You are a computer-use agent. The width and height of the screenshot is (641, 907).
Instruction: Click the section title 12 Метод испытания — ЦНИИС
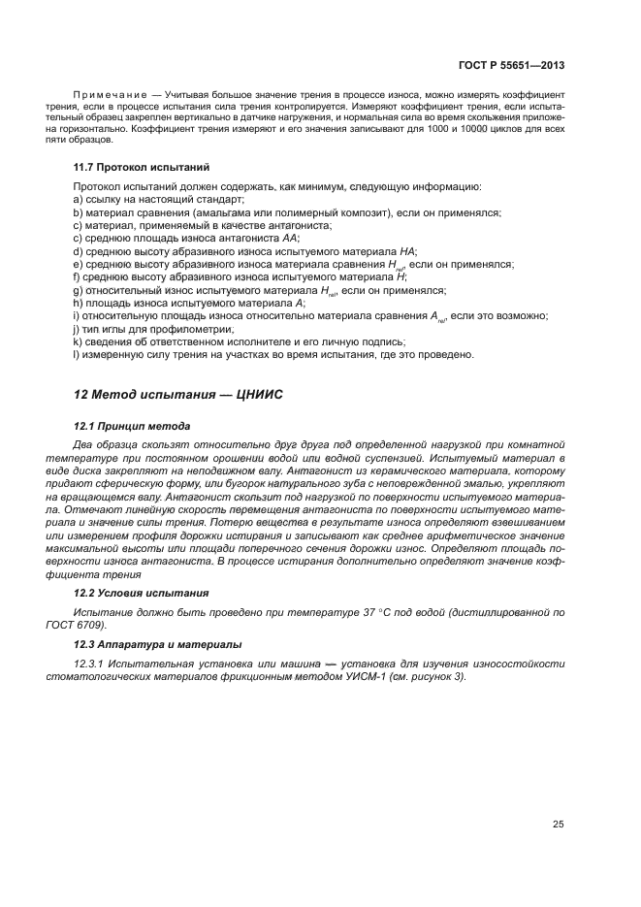point(177,395)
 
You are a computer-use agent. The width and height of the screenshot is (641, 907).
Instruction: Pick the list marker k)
point(78,341)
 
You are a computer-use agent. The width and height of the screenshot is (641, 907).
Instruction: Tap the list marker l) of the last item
point(77,354)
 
